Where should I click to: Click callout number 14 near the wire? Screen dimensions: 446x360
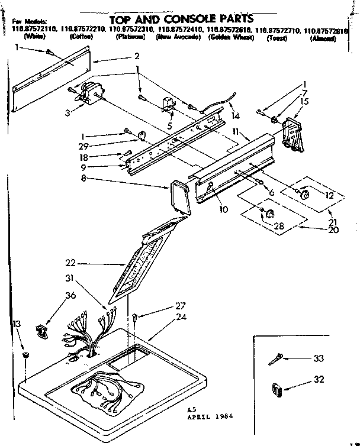236,115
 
